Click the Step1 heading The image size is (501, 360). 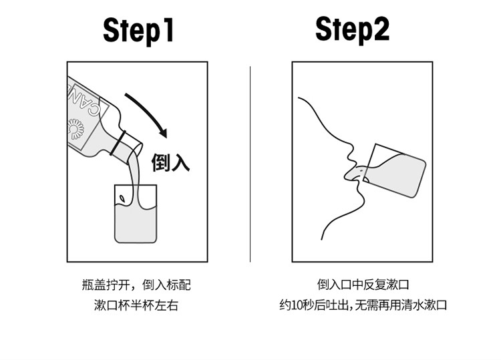(138, 30)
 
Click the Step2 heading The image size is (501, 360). (353, 29)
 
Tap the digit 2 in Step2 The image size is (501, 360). (381, 29)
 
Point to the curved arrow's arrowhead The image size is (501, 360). (163, 133)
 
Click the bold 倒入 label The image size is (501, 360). (170, 162)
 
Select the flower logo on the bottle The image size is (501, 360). (76, 129)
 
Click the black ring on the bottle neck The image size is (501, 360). (118, 142)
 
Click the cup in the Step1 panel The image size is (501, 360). (136, 214)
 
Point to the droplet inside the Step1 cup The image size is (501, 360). (122, 198)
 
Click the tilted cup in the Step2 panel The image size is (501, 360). (395, 171)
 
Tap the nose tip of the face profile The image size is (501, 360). (349, 156)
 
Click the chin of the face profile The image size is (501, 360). (360, 202)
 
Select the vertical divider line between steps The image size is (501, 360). (251, 164)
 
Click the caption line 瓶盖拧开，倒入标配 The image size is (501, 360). (136, 285)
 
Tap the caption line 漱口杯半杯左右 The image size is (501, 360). (136, 305)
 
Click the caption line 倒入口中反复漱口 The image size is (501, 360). (363, 285)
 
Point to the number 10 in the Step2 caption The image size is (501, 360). (295, 305)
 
